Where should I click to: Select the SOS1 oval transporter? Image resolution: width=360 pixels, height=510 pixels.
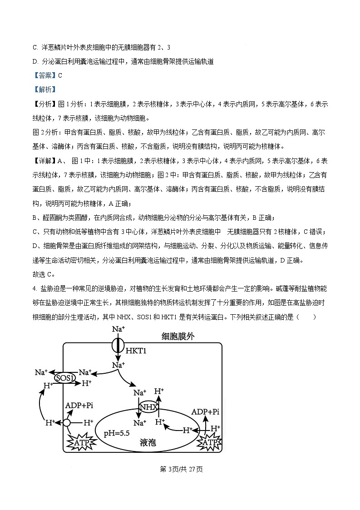(x=64, y=378)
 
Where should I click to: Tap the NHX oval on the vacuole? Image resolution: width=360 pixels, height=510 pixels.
(x=148, y=407)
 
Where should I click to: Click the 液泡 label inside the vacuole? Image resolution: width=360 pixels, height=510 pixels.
(x=148, y=442)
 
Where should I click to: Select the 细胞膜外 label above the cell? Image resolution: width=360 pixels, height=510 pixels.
(x=179, y=337)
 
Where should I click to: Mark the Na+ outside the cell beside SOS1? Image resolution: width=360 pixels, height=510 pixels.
(x=41, y=372)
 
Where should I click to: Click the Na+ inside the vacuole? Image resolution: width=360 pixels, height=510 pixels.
(x=140, y=423)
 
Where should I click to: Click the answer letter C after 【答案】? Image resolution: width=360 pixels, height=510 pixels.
(x=60, y=75)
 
